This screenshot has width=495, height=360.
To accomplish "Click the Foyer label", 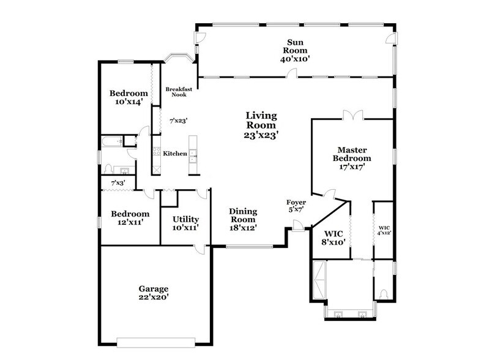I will [296, 202].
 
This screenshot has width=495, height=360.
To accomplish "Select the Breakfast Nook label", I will [179, 92].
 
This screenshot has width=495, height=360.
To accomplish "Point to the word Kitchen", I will [174, 154].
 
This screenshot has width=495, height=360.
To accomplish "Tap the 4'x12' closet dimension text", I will [384, 233].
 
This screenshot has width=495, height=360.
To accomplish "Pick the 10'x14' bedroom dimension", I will [128, 102].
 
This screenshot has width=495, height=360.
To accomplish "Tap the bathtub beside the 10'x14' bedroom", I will [111, 143].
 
